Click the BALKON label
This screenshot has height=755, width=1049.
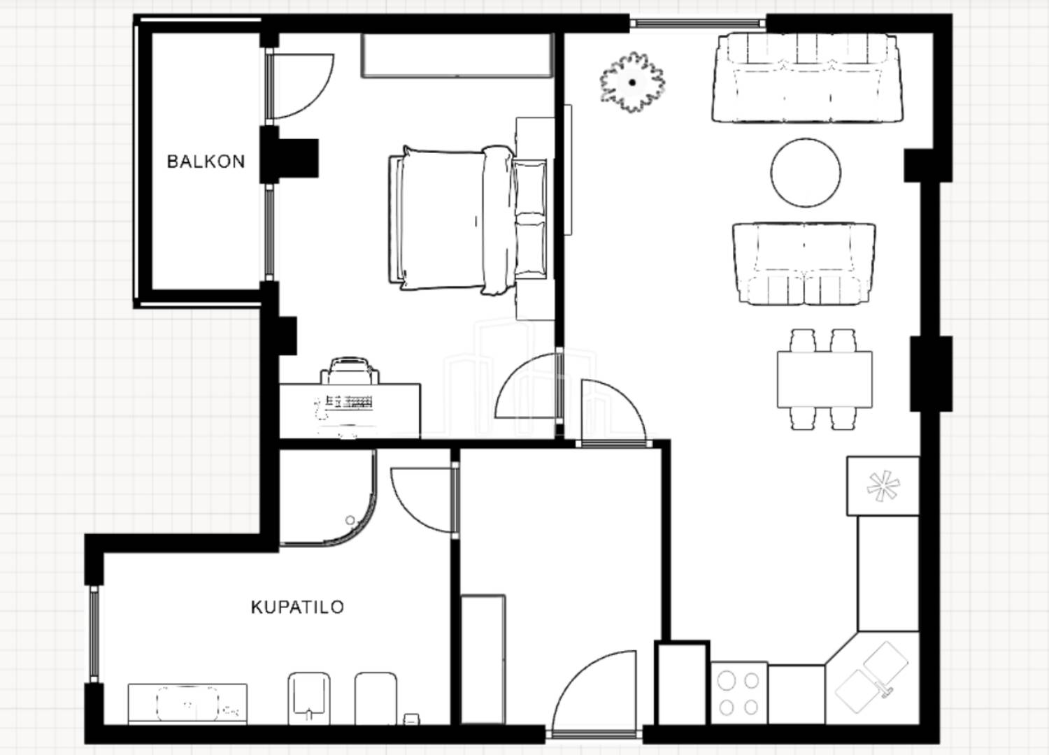206,161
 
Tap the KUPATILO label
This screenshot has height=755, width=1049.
297,607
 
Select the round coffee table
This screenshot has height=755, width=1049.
806,172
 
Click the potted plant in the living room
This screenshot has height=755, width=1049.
632,82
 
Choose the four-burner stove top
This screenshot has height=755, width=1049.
739,693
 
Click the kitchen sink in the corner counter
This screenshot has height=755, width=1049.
871,678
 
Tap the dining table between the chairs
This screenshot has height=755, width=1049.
825,380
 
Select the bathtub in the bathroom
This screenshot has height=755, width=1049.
187,703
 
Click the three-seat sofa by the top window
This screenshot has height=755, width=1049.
807,78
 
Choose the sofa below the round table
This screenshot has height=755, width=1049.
804,264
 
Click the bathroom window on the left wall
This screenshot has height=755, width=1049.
94,634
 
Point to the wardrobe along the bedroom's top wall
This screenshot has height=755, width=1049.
457,55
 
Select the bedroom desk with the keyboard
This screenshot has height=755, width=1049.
350,411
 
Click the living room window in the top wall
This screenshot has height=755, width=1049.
698,23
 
